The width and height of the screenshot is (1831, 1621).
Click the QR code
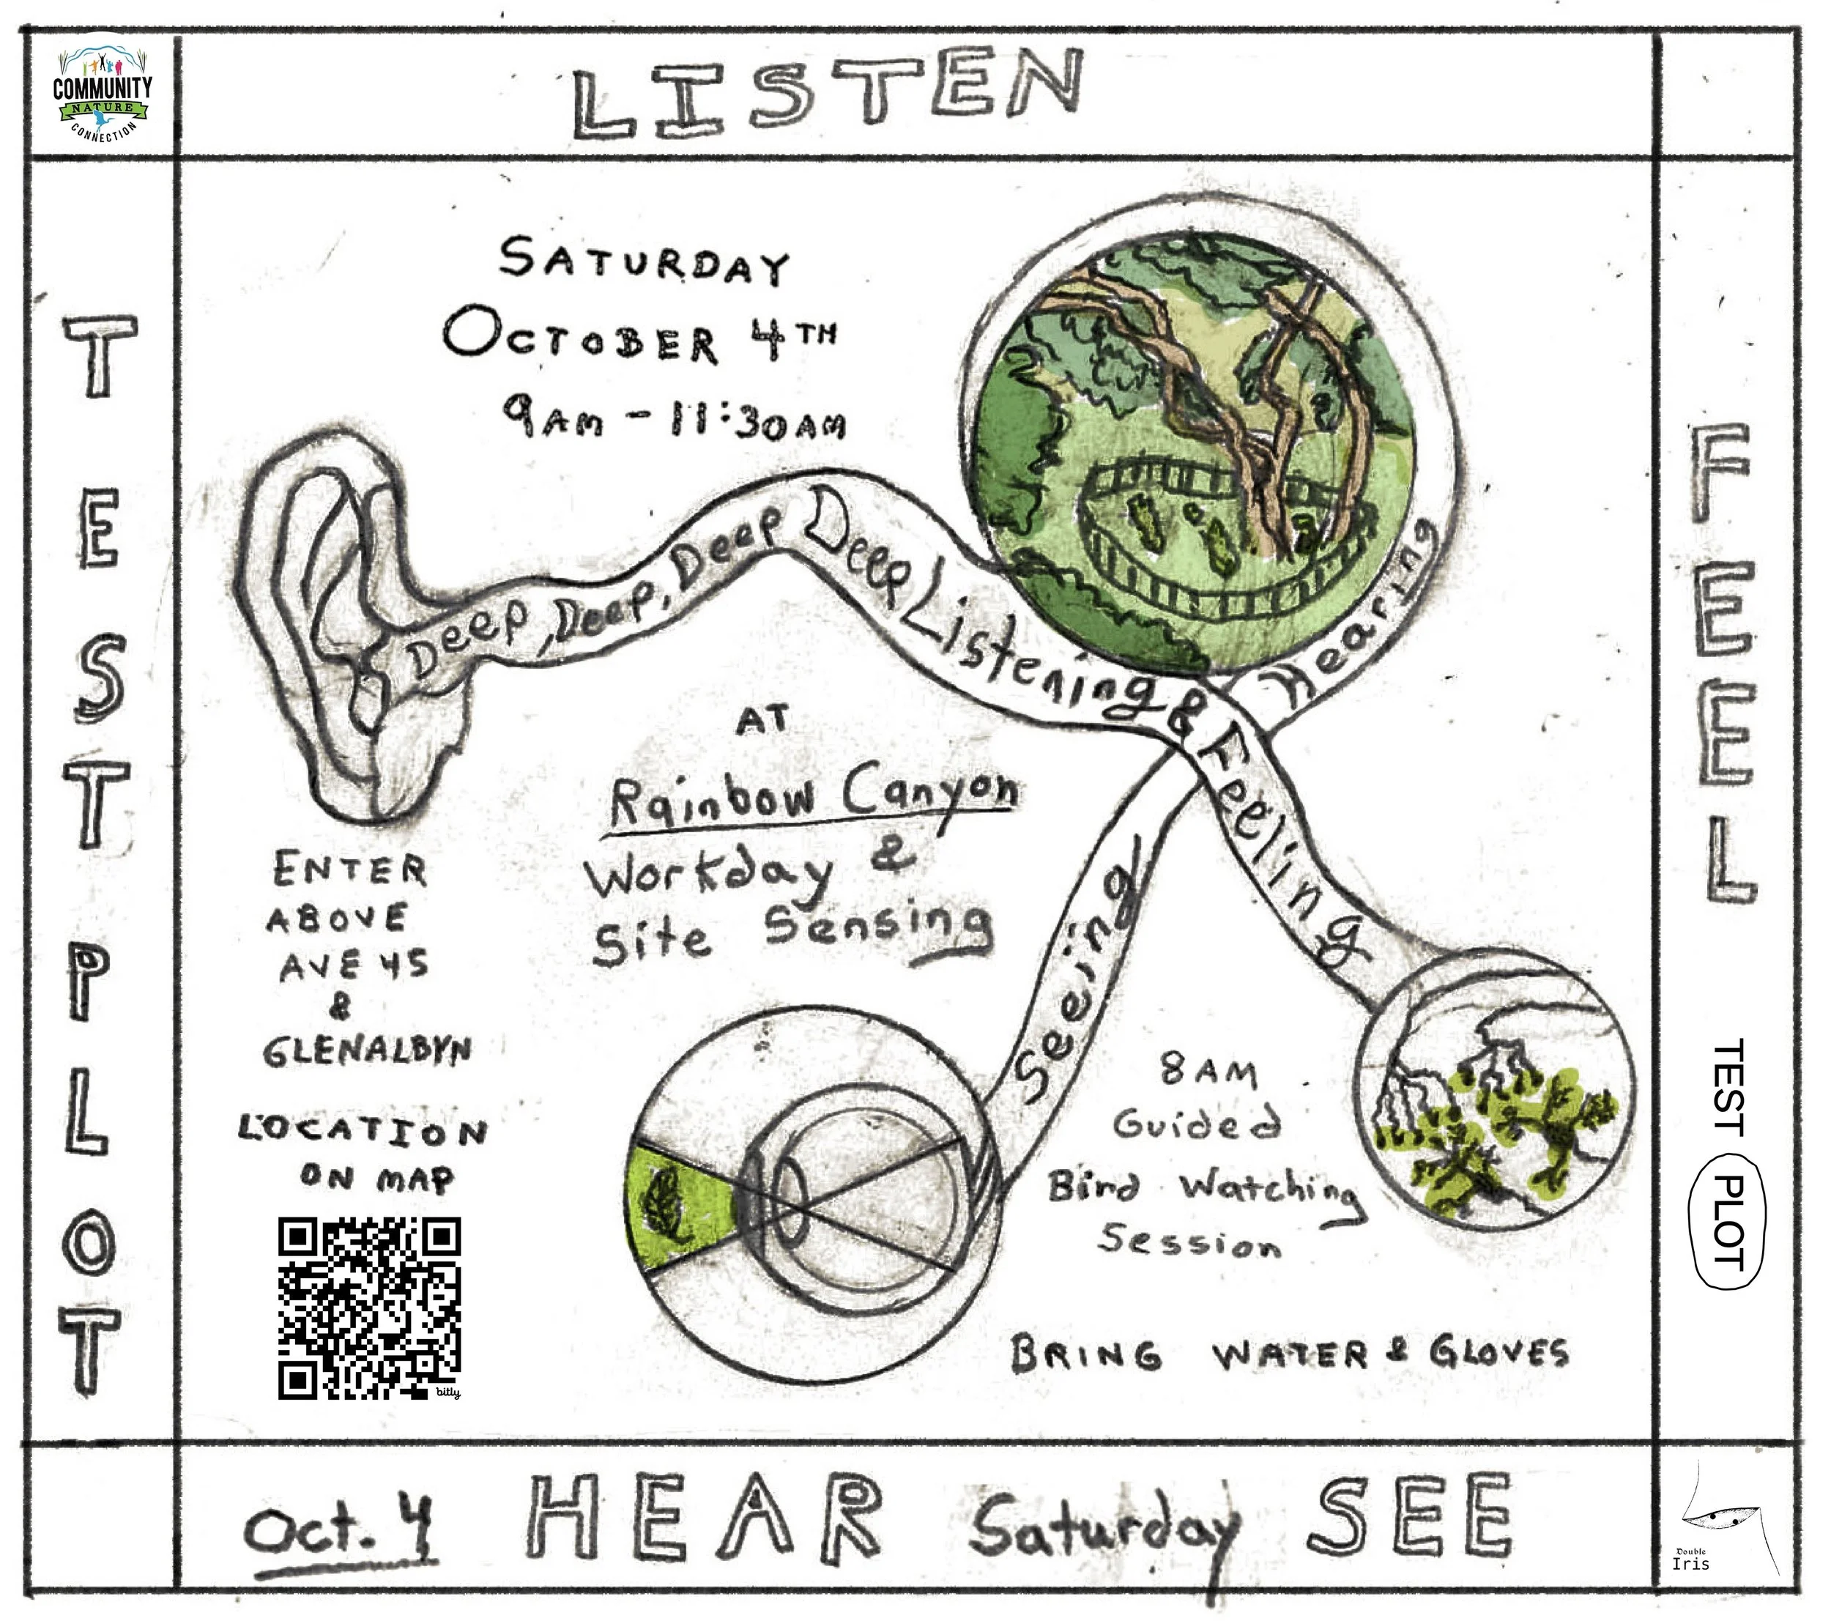coord(369,1308)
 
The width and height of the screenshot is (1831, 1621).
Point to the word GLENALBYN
coord(367,1050)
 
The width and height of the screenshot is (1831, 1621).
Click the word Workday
coord(707,876)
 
